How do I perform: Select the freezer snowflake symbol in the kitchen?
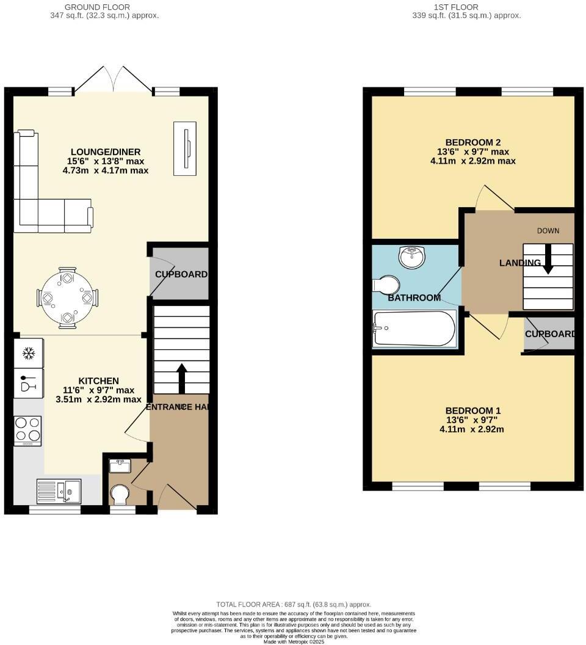pyautogui.click(x=28, y=353)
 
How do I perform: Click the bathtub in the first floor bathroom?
pyautogui.click(x=413, y=329)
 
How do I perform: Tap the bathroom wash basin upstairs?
pyautogui.click(x=413, y=257)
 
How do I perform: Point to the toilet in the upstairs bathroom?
pyautogui.click(x=386, y=285)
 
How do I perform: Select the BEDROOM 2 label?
pyautogui.click(x=473, y=142)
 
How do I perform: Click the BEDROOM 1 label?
pyautogui.click(x=473, y=410)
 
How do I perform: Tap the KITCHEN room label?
pyautogui.click(x=99, y=381)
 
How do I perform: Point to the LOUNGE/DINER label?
pyautogui.click(x=106, y=152)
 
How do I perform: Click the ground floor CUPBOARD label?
pyautogui.click(x=181, y=274)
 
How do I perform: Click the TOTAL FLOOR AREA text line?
pyautogui.click(x=293, y=604)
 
